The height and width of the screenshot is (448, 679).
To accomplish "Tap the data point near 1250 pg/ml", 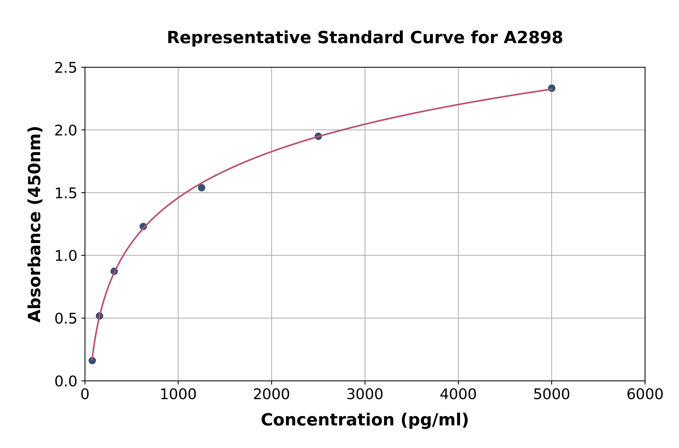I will (x=201, y=188).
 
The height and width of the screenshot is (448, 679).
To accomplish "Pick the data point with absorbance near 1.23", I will (x=143, y=227).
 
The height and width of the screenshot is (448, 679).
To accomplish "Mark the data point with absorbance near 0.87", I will (x=114, y=271).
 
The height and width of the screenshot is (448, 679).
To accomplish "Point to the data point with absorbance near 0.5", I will (x=99, y=316).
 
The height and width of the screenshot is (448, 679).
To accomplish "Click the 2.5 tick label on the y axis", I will (x=66, y=68).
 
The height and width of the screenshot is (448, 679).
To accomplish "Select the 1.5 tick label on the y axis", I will (x=66, y=193).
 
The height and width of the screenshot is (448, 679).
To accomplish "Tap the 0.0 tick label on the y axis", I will (x=66, y=381).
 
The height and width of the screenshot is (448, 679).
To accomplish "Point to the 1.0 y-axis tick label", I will (x=66, y=256).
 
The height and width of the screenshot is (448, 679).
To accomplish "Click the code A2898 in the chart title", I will (x=533, y=38).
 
